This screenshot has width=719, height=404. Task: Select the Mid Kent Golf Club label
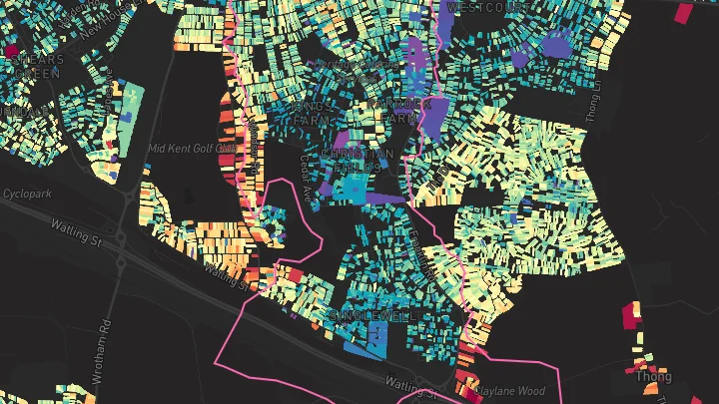click(191, 149)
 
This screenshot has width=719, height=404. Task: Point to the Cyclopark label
click(26, 193)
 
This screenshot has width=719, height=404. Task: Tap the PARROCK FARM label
click(402, 111)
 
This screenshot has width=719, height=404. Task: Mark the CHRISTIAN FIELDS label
click(357, 161)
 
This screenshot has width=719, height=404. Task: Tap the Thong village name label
click(653, 377)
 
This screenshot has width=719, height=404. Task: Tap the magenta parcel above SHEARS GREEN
click(12, 51)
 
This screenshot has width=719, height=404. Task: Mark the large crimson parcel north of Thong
click(631, 314)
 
